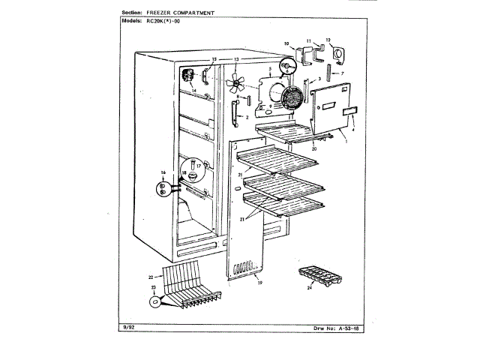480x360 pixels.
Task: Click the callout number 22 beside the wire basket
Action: pyautogui.click(x=151, y=277)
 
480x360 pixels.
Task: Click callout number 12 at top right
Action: pyautogui.click(x=328, y=39)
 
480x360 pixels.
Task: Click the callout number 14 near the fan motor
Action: pyautogui.click(x=193, y=91)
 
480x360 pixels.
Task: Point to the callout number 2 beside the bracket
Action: pyautogui.click(x=247, y=118)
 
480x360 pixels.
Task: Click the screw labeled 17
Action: pyautogui.click(x=193, y=163)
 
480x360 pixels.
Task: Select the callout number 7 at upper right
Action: pyautogui.click(x=342, y=73)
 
